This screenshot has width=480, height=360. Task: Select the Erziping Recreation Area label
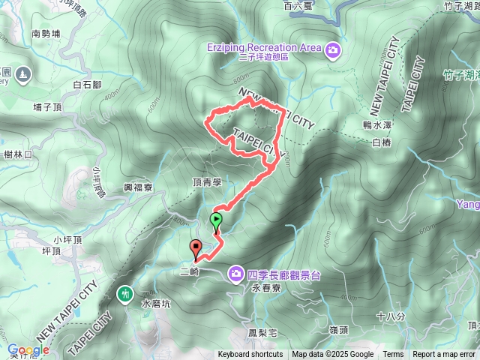tap(264, 48)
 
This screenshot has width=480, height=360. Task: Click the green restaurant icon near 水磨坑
tap(125, 293)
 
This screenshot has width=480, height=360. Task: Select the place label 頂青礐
tap(207, 182)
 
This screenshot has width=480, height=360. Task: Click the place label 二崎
tap(190, 272)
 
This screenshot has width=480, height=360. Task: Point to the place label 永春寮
tap(265, 287)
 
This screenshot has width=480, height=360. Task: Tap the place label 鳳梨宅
tap(262, 331)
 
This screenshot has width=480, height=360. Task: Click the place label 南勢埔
tap(46, 33)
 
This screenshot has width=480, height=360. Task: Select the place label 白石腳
tap(88, 85)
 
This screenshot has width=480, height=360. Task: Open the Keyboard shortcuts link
tap(250, 355)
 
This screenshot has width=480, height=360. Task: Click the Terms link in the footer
tap(393, 355)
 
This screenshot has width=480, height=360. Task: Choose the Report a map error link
tap(444, 355)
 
